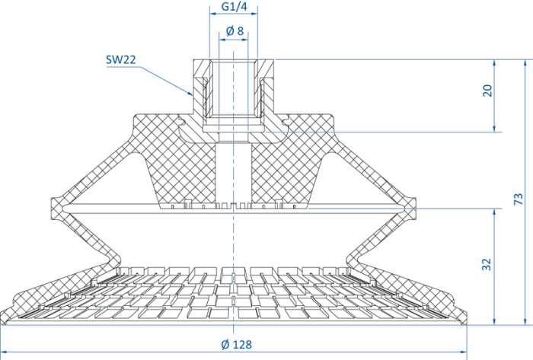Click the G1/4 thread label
[235, 6]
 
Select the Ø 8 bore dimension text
[235, 31]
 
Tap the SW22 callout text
[120, 60]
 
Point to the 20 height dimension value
[487, 91]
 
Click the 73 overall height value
[518, 199]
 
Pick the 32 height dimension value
[487, 264]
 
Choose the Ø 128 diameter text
[236, 345]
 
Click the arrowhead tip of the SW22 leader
[193, 94]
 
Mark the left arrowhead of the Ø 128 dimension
[2, 352]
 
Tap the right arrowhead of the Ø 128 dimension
[466, 352]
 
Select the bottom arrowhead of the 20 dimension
[494, 132]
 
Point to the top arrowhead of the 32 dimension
[494, 209]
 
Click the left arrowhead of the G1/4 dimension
[210, 14]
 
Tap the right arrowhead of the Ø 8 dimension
[247, 40]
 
